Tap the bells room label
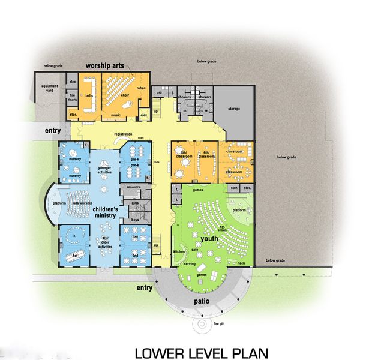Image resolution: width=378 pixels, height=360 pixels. point(89,95)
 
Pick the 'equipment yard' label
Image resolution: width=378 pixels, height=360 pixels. point(49,91)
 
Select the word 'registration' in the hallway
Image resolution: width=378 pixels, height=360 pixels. point(123,134)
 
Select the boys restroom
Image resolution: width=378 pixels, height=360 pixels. point(135,220)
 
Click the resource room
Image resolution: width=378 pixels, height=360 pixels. point(134,188)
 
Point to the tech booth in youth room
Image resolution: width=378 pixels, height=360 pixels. point(241,263)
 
